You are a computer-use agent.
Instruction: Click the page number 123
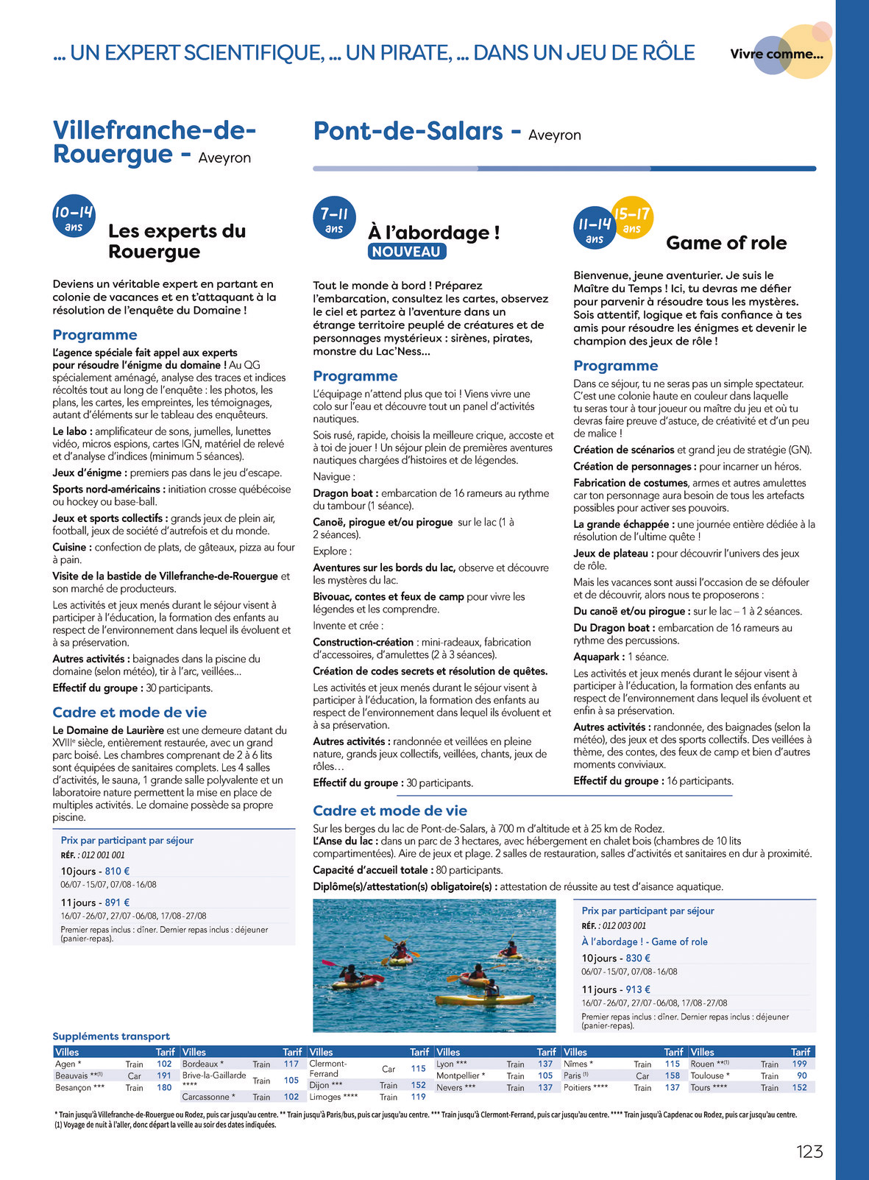point(809,1151)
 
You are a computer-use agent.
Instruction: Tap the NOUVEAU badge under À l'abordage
point(406,252)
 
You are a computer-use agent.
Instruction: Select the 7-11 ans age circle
point(334,219)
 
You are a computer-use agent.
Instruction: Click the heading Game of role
point(726,243)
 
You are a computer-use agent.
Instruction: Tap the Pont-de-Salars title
point(408,131)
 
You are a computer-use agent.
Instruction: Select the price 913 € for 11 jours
point(638,989)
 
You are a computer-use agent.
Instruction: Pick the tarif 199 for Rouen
point(799,1064)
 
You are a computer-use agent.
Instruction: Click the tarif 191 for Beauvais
point(164,1075)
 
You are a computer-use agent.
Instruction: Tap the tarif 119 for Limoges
point(418,1097)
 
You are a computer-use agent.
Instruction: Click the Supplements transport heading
point(111,1036)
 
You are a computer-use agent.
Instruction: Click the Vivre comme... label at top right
point(776,54)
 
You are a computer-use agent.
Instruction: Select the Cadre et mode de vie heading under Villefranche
point(130,712)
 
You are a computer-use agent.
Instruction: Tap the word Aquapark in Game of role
point(598,657)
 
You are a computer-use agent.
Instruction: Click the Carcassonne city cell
point(208,1097)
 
